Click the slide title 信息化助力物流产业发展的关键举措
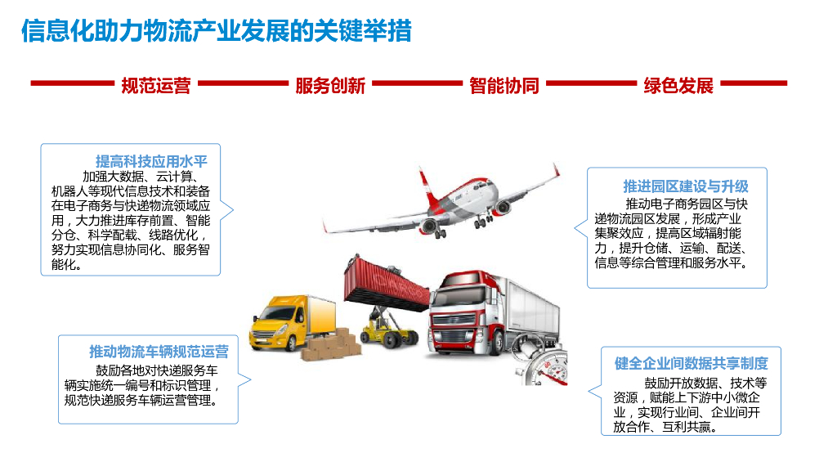point(216,31)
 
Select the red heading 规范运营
point(155,85)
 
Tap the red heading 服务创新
point(330,85)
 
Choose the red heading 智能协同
point(504,85)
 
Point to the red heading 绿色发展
point(678,85)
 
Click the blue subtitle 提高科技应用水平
point(151,160)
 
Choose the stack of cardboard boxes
point(332,347)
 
